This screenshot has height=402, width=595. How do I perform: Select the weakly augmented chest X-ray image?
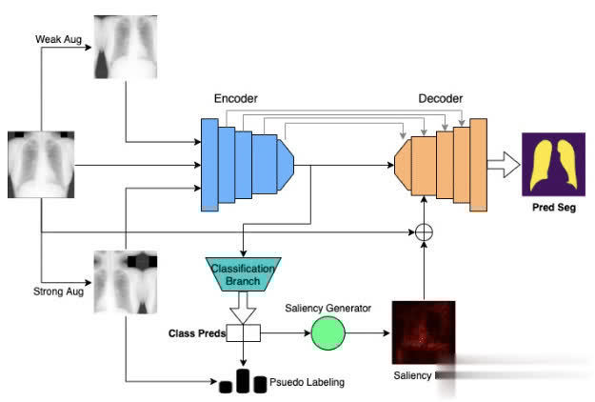pos(124,47)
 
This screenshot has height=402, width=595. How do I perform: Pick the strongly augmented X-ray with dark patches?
pos(124,281)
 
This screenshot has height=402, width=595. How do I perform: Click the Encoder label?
pos(235,98)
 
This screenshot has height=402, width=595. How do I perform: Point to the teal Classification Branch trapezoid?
pos(243,275)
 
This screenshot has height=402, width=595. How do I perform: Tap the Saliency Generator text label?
pos(341,308)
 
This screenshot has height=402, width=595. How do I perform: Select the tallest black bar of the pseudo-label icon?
pos(244,381)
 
